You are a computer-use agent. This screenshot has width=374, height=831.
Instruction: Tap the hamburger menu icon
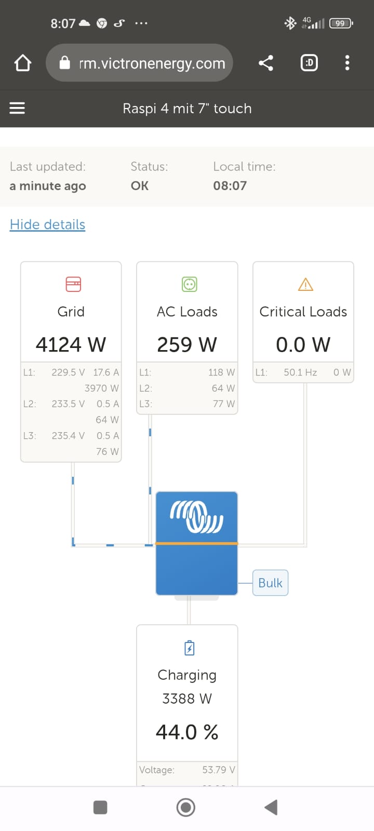click(x=17, y=109)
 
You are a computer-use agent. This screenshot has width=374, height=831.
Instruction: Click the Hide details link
click(x=47, y=225)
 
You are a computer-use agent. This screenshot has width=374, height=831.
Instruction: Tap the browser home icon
click(x=23, y=63)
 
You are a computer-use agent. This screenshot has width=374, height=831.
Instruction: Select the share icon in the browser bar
click(x=266, y=63)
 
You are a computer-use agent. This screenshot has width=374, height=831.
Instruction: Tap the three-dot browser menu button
click(x=348, y=63)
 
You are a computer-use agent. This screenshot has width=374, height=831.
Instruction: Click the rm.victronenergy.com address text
click(x=152, y=63)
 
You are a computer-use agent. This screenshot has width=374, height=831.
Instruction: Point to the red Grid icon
click(x=73, y=285)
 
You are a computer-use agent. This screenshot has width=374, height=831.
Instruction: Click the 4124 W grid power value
click(x=71, y=345)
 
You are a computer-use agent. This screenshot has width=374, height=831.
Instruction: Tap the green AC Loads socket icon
click(x=189, y=285)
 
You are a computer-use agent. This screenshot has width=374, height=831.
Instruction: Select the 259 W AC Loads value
click(x=187, y=345)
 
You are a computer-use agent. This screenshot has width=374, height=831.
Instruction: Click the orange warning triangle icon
click(x=306, y=285)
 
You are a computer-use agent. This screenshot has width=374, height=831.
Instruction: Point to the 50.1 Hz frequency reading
click(x=301, y=372)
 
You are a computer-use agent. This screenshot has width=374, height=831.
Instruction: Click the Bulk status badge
click(x=271, y=583)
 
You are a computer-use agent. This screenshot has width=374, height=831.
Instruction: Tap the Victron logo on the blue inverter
click(x=197, y=517)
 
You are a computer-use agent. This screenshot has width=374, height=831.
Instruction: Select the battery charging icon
click(x=189, y=648)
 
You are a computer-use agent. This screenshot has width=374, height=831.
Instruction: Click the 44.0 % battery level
click(x=187, y=732)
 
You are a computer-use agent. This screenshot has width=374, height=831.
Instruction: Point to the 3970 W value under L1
click(x=102, y=388)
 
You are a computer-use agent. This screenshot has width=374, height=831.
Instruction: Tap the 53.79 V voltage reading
click(x=219, y=770)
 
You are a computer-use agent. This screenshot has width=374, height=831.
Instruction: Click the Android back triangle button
click(x=271, y=807)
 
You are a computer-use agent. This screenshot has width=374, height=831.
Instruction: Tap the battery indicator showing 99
click(x=341, y=23)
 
